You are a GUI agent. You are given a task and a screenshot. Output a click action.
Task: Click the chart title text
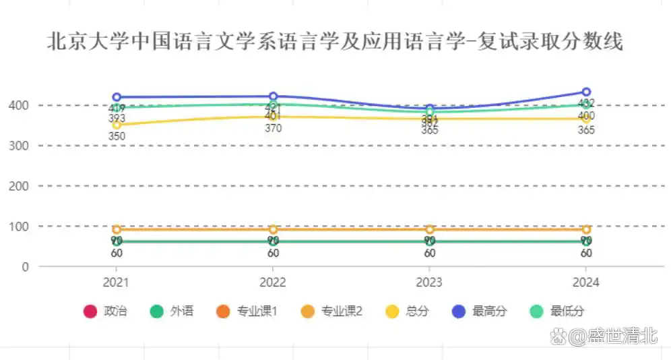coord(335,42)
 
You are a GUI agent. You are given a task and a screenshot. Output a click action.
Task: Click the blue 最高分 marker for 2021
coord(117,97)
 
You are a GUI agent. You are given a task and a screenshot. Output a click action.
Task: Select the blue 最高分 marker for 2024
coord(586,92)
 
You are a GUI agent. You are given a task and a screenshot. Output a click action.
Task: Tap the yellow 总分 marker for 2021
coord(117,125)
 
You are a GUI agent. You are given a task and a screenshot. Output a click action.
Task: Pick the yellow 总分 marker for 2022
coord(274,117)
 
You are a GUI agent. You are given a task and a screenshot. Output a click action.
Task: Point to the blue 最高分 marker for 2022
coord(274,96)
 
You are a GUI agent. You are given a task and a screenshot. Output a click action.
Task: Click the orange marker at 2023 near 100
coord(430,229)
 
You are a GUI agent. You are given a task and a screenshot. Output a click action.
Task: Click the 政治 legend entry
coord(106,311)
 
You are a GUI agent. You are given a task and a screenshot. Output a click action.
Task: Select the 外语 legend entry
coord(172,311)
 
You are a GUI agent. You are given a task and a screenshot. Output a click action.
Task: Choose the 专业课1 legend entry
coord(248,311)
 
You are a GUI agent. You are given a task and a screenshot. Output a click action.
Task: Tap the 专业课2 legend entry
coord(333,311)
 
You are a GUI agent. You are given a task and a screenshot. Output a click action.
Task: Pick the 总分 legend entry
coord(408,311)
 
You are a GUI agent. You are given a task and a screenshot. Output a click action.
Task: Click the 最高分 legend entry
coord(480,311)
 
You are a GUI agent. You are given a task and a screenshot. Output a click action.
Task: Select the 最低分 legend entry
coord(557,311)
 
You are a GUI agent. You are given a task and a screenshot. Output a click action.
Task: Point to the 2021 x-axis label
coord(117,282)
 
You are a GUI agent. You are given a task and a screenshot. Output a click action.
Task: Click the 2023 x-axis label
coord(430,282)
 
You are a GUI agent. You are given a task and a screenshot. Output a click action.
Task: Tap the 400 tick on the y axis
coord(19,105)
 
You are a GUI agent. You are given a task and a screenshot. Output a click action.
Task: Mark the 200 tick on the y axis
coord(19,185)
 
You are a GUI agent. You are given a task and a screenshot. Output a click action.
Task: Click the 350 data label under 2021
coord(117,136)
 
